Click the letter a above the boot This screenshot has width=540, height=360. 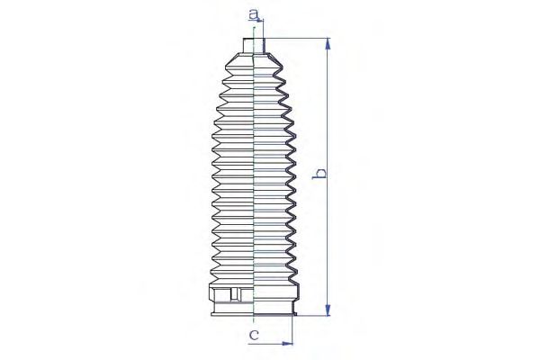click(253, 14)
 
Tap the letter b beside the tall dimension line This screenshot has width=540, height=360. click(319, 174)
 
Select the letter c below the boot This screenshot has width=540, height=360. click(254, 335)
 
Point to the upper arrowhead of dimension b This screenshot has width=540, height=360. click(328, 44)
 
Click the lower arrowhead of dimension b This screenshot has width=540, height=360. click(328, 310)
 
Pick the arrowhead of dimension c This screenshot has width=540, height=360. click(287, 344)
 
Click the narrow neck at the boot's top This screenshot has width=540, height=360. click(254, 46)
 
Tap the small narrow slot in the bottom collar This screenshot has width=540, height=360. click(235, 294)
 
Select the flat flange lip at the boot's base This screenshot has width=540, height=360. click(254, 313)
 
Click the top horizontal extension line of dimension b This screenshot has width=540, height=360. click(296, 38)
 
